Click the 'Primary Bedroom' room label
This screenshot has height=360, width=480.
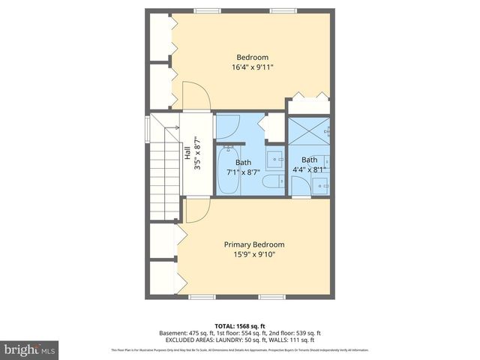(254, 244)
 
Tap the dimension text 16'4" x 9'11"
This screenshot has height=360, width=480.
(252, 67)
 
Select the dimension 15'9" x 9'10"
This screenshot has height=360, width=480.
(254, 254)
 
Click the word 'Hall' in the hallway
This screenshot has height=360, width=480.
(187, 153)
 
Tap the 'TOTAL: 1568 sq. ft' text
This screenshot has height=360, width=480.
(239, 325)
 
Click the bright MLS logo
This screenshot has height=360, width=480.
(30, 349)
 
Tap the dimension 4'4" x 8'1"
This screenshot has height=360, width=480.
(309, 169)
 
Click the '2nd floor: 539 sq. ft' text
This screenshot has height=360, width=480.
(293, 333)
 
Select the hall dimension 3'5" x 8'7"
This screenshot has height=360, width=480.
(196, 153)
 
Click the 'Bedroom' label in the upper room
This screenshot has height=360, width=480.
(252, 57)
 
